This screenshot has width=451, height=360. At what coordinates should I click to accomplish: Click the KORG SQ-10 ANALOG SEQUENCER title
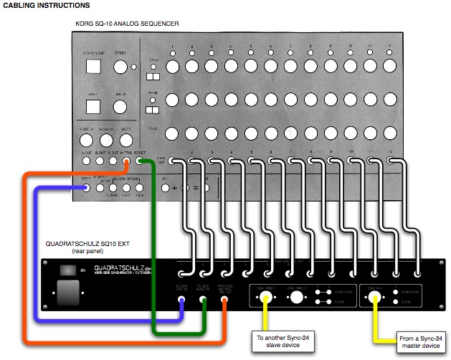[x=126, y=24]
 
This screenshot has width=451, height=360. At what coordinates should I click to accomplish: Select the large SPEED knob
[x=120, y=67]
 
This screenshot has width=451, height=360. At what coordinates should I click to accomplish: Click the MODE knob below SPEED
[x=120, y=108]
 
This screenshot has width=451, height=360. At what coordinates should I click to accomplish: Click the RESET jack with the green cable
[x=138, y=161]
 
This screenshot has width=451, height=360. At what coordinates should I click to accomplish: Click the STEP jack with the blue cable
[x=87, y=188]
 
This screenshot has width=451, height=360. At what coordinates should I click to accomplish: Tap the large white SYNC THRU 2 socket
[x=295, y=296]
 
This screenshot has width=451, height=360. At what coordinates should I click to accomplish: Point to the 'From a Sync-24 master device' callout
[x=422, y=341]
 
